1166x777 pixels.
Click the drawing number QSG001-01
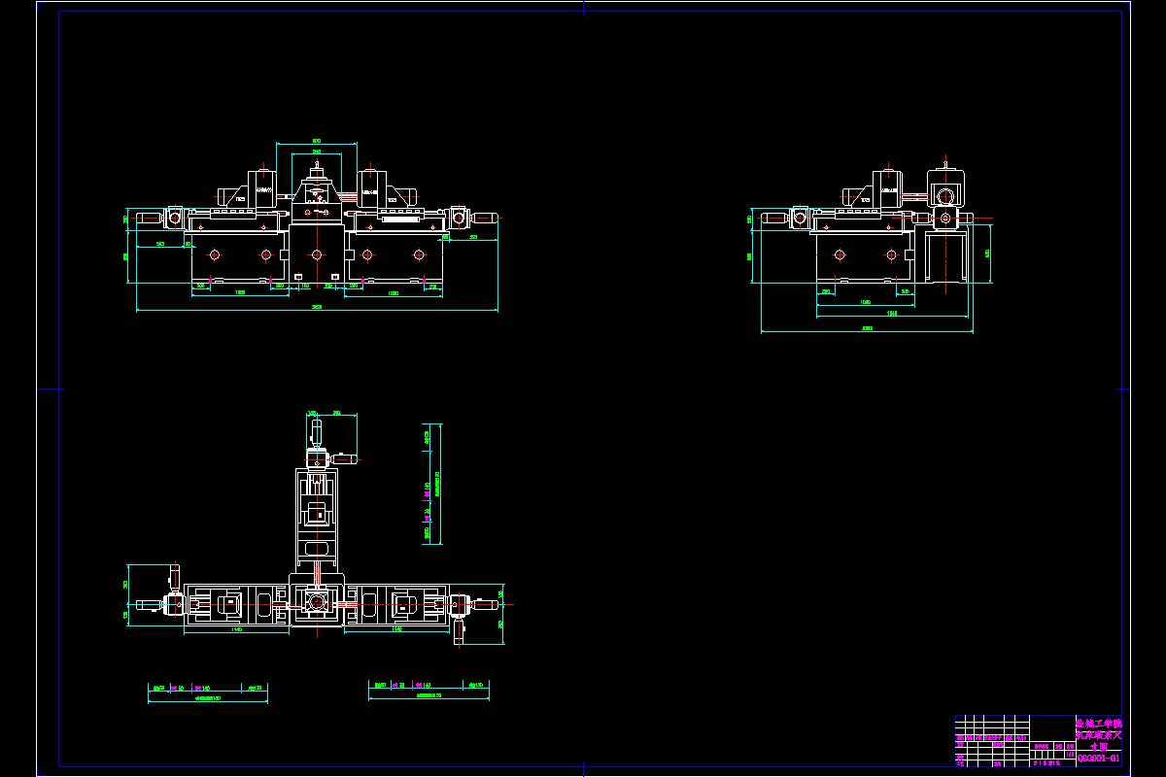[1098, 759]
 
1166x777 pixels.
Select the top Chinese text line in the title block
[1098, 724]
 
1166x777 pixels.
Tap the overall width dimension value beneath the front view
[317, 307]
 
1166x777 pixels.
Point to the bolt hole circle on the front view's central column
[317, 254]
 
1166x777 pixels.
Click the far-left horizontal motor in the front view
[149, 218]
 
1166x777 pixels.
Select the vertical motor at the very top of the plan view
[314, 428]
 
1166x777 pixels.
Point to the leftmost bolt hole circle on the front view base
[214, 254]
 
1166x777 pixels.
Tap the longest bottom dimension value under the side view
[867, 328]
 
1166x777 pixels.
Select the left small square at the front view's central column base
[297, 277]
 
